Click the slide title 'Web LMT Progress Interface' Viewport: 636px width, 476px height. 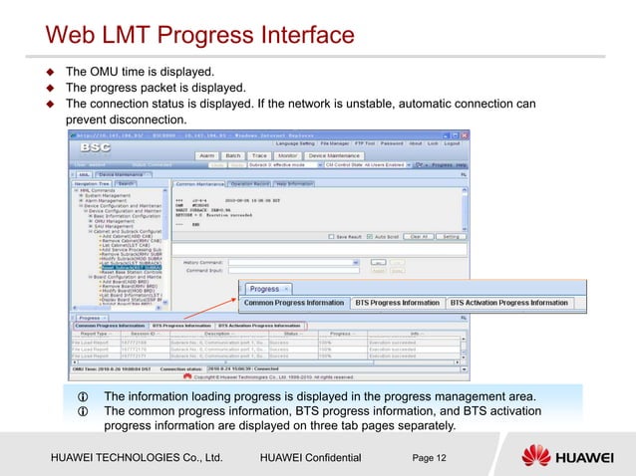click(200, 37)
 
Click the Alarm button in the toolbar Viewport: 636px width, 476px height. click(206, 156)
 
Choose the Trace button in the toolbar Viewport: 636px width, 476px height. click(259, 156)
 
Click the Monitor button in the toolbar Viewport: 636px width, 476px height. click(288, 156)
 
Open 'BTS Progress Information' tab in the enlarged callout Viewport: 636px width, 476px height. click(395, 303)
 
